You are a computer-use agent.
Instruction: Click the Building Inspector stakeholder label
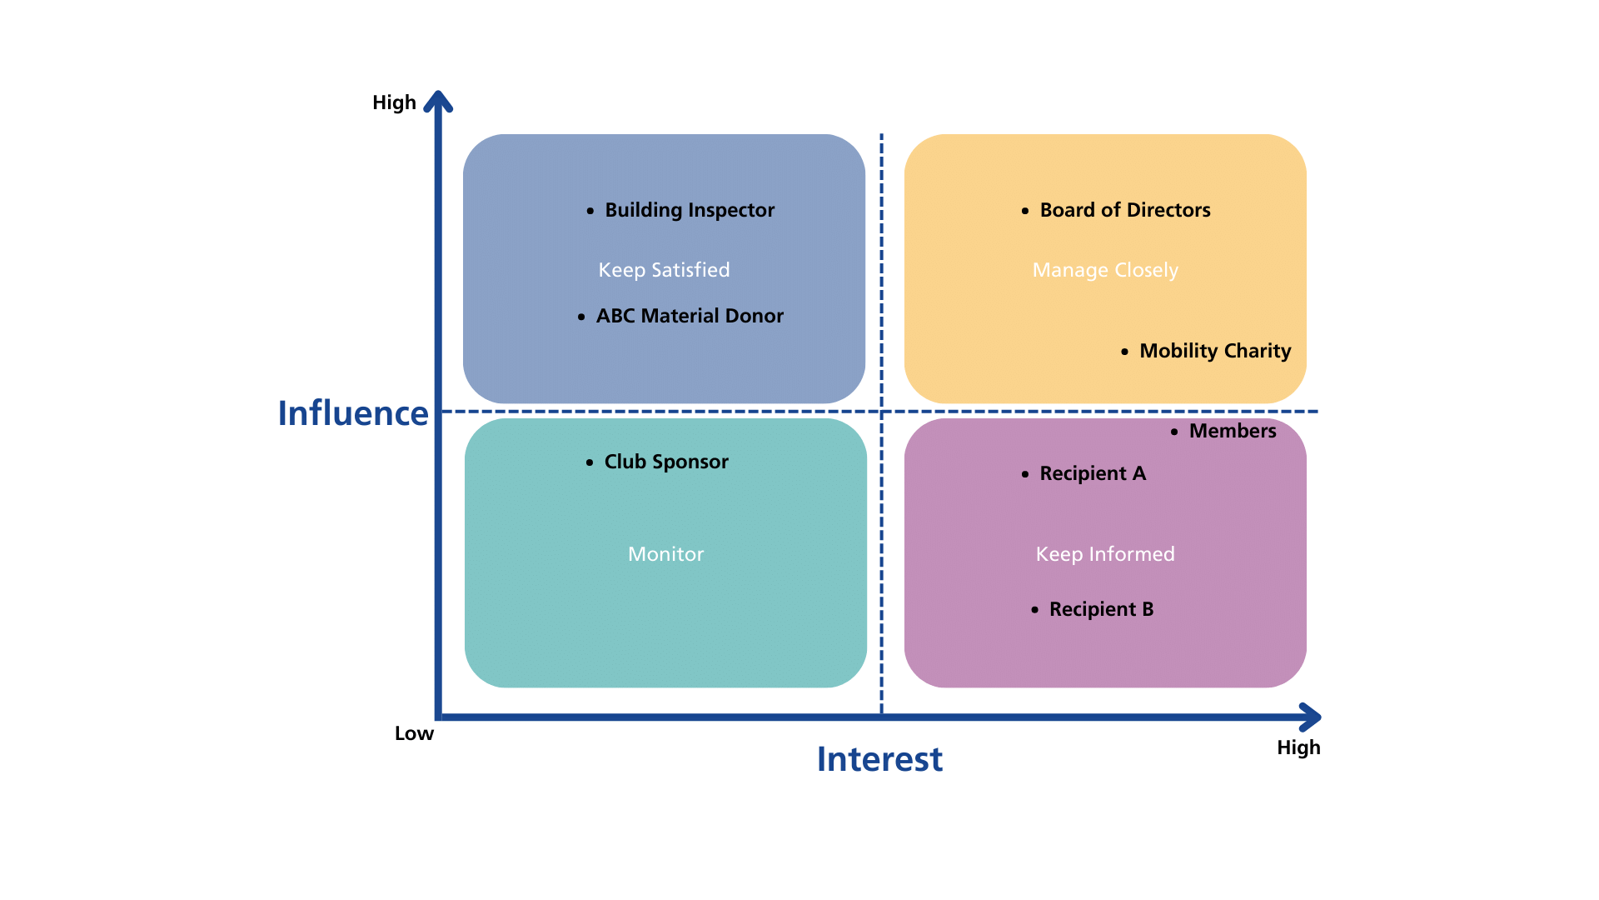[x=690, y=210]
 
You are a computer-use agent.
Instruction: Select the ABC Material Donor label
[x=690, y=316]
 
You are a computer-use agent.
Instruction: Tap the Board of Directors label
[x=1125, y=210]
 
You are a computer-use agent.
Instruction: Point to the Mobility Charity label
[x=1215, y=351]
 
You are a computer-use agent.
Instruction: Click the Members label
[x=1233, y=431]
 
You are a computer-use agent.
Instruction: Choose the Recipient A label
[x=1093, y=473]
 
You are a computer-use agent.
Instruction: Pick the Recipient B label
[x=1101, y=609]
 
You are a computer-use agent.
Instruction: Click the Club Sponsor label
[x=666, y=462]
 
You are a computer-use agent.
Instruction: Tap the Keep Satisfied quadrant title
[x=664, y=270]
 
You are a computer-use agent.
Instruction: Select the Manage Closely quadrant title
[x=1105, y=270]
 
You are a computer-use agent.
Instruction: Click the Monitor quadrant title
[x=665, y=554]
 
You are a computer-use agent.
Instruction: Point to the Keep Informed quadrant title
[x=1105, y=554]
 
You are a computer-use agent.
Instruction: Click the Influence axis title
[x=352, y=413]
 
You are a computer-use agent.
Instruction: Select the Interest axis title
[x=879, y=759]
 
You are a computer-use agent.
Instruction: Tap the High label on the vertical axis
[x=393, y=102]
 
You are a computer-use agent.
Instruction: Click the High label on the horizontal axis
[x=1298, y=747]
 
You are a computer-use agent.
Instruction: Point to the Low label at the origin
[x=414, y=733]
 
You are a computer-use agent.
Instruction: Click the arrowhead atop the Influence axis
[x=438, y=101]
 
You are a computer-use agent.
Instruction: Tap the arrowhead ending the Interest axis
[x=1310, y=717]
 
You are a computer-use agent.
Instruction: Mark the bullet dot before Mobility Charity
[x=1124, y=352]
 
